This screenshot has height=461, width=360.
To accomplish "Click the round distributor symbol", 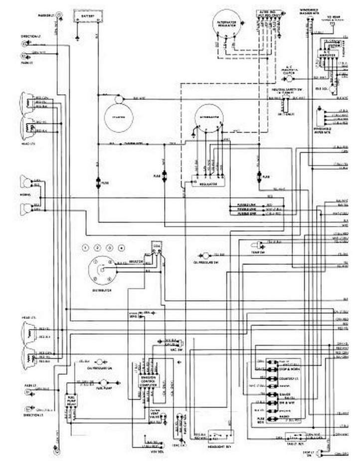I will [101, 270].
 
